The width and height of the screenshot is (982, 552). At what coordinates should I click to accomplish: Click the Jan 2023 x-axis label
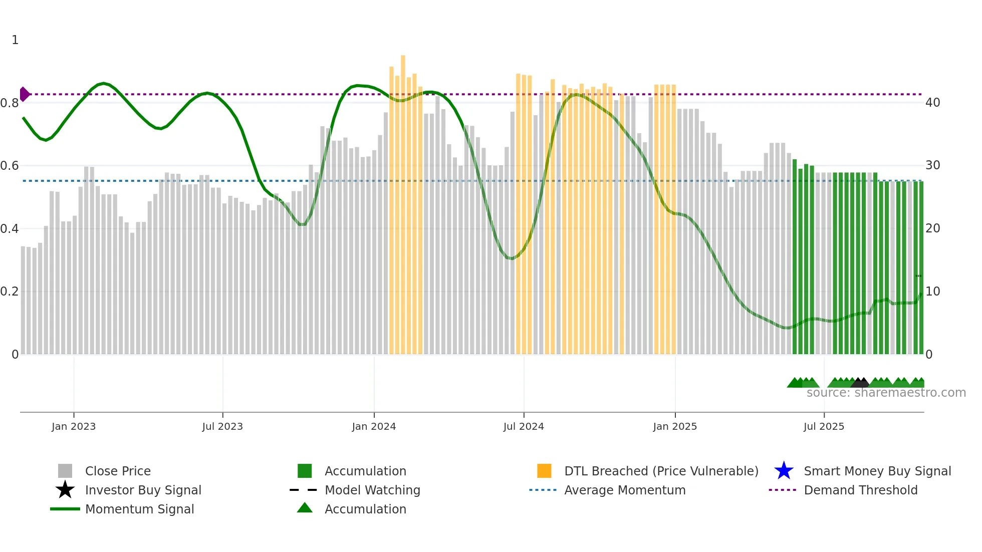(x=74, y=426)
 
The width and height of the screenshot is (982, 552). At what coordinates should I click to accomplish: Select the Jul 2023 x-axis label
(x=222, y=426)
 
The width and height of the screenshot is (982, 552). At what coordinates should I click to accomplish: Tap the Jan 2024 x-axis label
(x=374, y=426)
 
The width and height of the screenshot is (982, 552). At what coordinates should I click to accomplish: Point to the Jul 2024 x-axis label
(x=524, y=426)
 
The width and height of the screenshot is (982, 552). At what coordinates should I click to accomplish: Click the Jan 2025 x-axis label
(x=675, y=426)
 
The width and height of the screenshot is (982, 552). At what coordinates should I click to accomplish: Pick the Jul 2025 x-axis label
(x=824, y=426)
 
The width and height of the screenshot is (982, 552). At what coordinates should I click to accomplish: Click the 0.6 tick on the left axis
(x=10, y=166)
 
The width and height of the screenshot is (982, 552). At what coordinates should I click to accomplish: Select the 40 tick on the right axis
(x=933, y=103)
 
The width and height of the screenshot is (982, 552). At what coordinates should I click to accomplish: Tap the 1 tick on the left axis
(x=15, y=40)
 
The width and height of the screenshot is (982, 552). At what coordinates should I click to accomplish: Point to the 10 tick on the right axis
(x=933, y=292)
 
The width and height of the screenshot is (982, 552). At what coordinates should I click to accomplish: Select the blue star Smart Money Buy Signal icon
(x=784, y=471)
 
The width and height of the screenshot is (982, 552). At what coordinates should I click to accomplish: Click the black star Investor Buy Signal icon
(x=65, y=490)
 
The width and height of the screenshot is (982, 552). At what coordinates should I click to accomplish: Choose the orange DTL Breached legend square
(x=544, y=471)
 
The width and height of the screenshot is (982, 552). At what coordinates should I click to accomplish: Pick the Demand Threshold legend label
(x=860, y=490)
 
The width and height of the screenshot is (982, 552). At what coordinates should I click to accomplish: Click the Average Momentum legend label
(x=625, y=490)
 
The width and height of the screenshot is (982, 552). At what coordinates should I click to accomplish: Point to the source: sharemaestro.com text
(x=886, y=393)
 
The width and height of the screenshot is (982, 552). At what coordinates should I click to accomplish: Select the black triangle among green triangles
(x=860, y=383)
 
